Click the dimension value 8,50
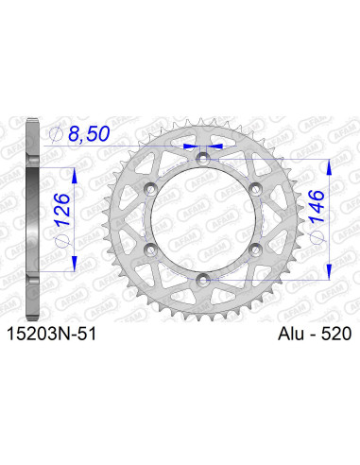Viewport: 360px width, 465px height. tap(91, 137)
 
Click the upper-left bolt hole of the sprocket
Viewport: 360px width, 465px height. tap(149, 187)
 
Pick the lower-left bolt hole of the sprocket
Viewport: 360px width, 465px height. tap(149, 248)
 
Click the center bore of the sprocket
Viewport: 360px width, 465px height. tap(202, 217)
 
